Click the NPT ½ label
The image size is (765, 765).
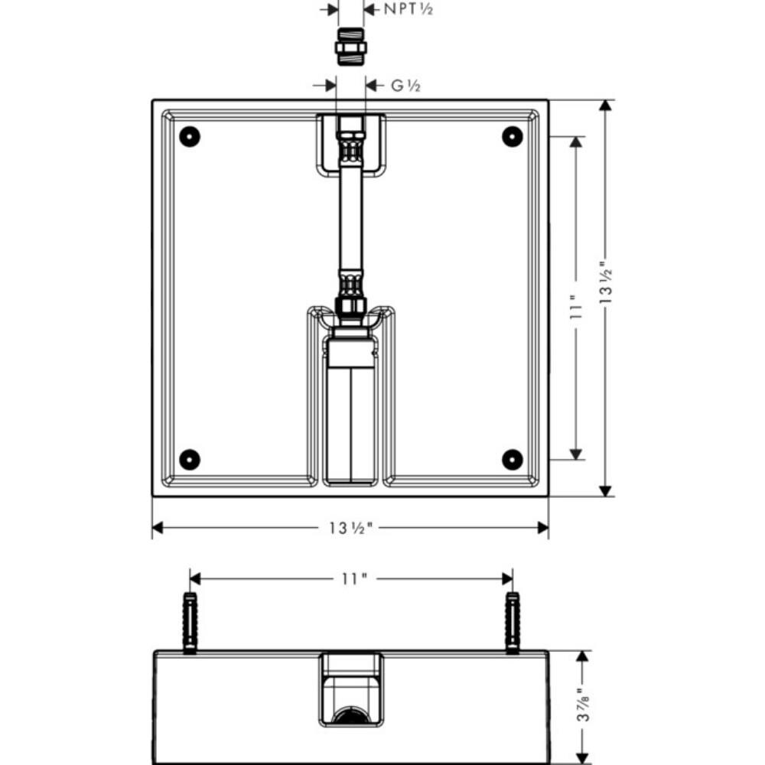[408, 8]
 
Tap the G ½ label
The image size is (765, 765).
[406, 86]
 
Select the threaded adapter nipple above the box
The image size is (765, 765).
[350, 47]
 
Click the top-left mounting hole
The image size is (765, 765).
[190, 137]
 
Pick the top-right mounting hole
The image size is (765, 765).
[513, 137]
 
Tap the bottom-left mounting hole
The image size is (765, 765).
[190, 460]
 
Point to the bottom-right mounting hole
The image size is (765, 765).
[513, 460]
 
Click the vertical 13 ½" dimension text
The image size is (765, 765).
[605, 282]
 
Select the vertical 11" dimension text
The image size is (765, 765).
[576, 308]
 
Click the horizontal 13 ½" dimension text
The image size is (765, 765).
[350, 528]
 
